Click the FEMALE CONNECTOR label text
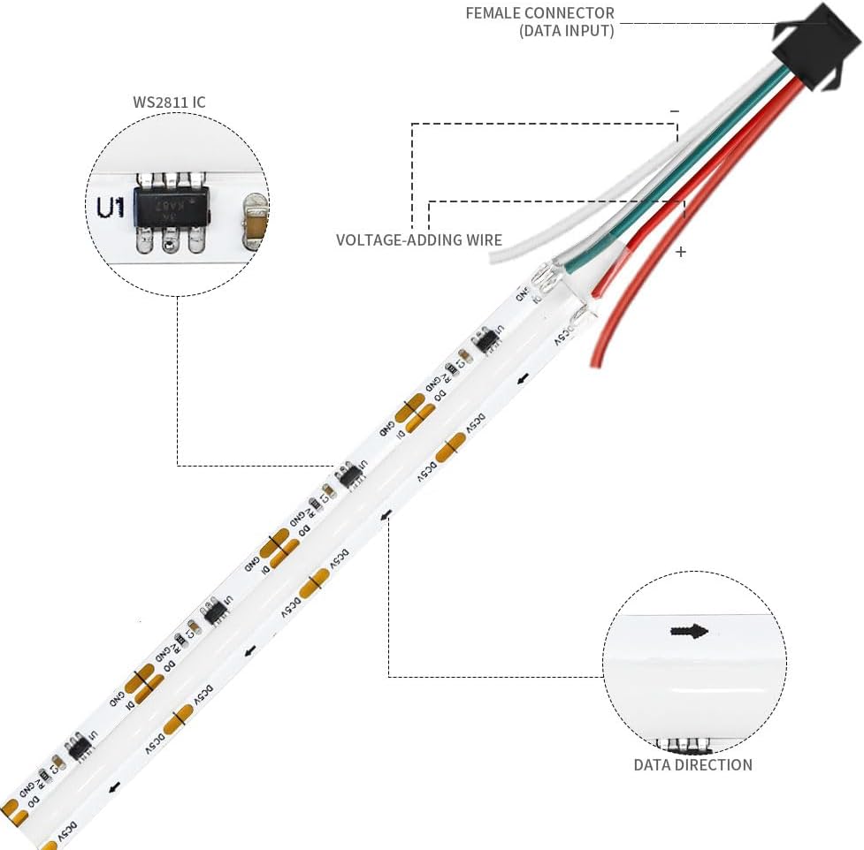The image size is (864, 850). coord(539,14)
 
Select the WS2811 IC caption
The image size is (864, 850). coord(169,102)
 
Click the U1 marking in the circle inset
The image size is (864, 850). coord(111,208)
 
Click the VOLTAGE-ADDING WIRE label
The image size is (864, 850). coord(419,239)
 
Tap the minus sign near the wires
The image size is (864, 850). coord(675,111)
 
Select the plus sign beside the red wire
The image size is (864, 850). coord(680,252)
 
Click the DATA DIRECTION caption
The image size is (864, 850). coord(692,765)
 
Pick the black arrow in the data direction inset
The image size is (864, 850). coord(689,631)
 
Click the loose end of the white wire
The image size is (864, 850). coord(498,254)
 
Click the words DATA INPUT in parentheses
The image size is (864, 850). coord(566,31)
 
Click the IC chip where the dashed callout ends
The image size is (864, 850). coord(350,474)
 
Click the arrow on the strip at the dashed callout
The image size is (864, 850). coord(386,513)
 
